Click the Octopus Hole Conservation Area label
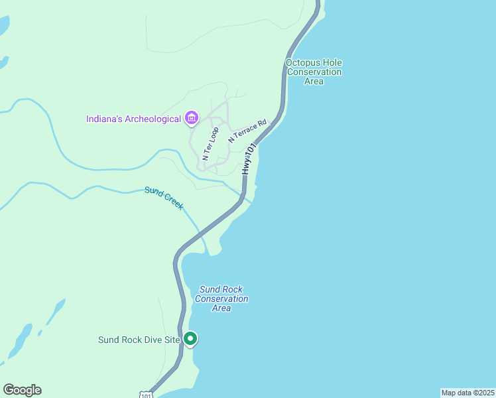tap(314, 72)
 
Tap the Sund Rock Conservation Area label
tap(221, 298)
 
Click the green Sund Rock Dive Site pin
tap(191, 339)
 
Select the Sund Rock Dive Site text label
tap(139, 340)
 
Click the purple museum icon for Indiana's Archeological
tap(192, 119)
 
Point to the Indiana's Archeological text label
tap(133, 119)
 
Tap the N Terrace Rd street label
tap(247, 131)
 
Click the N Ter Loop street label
tap(210, 144)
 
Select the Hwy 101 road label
tap(248, 159)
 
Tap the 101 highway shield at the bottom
tap(146, 395)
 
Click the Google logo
tap(22, 390)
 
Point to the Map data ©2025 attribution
tap(467, 393)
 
